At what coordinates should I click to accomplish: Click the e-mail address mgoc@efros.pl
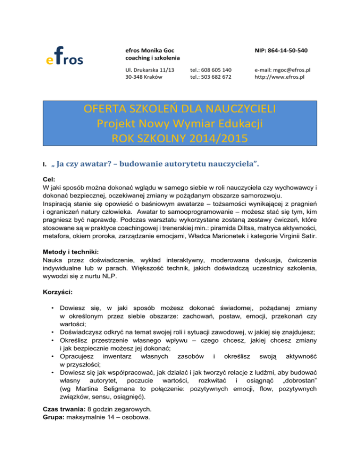285,70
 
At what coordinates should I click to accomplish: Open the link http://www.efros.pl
280,77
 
